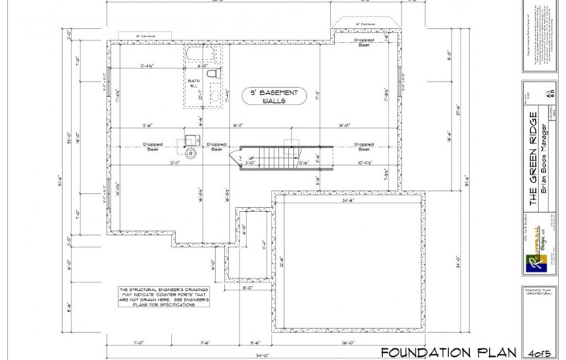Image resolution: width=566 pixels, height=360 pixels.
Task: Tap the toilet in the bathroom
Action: pos(218,73)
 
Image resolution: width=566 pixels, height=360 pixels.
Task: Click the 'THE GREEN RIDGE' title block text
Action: pos(533,159)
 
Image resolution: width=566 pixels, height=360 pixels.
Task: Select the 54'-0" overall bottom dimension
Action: pos(265,355)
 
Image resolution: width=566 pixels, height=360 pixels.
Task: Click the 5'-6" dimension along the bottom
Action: pos(255,341)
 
